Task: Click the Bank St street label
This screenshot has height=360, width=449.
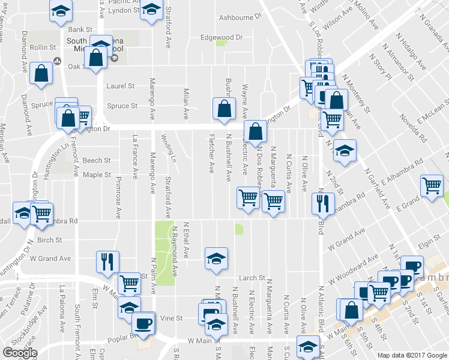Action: point(80,29)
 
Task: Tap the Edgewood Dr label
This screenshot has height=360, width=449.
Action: point(221,37)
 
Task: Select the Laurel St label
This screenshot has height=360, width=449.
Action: point(120,86)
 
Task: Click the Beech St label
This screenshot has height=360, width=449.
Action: point(97,160)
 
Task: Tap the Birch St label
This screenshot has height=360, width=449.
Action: point(50,240)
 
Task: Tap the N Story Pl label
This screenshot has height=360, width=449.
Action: point(380,67)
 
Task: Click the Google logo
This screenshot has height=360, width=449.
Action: point(20,353)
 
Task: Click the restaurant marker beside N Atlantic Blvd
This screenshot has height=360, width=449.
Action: point(323,203)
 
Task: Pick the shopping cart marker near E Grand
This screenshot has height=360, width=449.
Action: point(432,185)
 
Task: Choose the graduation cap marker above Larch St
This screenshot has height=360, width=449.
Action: point(216,259)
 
